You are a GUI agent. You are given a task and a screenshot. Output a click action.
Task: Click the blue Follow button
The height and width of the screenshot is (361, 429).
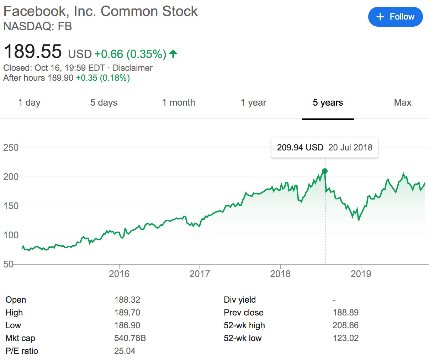(x=395, y=17)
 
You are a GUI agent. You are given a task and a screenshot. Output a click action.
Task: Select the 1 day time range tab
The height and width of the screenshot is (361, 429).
(x=29, y=102)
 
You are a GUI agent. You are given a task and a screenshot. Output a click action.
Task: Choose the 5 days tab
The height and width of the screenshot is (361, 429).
(x=104, y=102)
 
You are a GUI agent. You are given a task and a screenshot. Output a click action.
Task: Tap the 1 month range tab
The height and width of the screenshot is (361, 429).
(x=179, y=102)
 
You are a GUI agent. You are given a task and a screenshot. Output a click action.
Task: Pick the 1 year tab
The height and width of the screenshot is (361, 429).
(x=253, y=102)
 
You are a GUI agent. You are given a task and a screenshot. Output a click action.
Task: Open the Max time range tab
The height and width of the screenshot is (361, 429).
(x=402, y=102)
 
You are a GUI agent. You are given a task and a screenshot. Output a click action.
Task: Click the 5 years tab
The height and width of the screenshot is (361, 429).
(x=328, y=102)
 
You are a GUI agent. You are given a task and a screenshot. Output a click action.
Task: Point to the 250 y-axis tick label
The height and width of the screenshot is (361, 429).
(x=11, y=148)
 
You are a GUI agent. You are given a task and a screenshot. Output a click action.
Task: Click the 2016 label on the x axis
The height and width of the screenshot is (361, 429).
(x=119, y=274)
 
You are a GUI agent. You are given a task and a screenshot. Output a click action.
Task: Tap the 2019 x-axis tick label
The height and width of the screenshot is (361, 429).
(x=361, y=274)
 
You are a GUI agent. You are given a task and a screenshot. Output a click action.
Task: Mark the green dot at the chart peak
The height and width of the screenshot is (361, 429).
(x=324, y=171)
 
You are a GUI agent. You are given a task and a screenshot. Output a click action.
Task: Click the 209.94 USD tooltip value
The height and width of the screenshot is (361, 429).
(x=300, y=148)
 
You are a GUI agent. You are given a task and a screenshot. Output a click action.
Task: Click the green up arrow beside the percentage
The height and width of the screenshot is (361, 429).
(x=173, y=54)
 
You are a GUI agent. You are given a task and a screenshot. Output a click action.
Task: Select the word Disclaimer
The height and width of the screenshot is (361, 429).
(x=132, y=68)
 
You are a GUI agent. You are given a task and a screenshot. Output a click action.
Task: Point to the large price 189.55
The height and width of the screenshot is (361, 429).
(x=33, y=52)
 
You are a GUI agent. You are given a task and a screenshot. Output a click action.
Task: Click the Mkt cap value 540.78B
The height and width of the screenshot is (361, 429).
(x=130, y=338)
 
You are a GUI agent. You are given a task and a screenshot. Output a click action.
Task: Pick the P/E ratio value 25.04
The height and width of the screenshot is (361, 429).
(x=125, y=351)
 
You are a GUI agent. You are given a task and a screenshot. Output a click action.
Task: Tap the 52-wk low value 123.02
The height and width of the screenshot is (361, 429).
(x=345, y=338)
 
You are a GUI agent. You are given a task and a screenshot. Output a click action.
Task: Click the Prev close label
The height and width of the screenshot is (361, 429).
(x=243, y=313)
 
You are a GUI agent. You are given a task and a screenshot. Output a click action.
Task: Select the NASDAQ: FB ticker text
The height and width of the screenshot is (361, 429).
(x=37, y=26)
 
